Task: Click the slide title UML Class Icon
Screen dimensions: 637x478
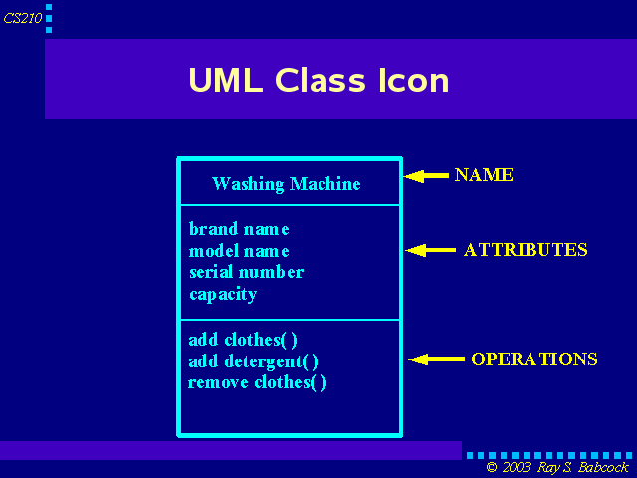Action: point(318,80)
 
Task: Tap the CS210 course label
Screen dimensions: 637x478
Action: point(23,18)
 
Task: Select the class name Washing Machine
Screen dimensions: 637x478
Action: point(287,184)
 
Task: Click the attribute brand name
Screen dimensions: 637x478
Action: point(239,229)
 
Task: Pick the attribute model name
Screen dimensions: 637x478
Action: point(239,250)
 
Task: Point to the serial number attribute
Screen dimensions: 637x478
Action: point(246,272)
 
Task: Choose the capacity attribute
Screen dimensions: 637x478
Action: point(223,295)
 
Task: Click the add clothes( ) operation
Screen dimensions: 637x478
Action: point(243,340)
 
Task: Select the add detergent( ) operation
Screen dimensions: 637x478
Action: point(253,361)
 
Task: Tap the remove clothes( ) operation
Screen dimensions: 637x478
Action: point(257,382)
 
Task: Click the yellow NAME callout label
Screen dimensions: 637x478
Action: point(484,175)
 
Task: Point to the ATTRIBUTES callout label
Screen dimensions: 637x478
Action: point(526,250)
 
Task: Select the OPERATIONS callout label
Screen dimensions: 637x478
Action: point(534,358)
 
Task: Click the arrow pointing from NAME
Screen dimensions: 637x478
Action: point(426,176)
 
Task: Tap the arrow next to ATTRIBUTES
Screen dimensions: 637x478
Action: point(431,250)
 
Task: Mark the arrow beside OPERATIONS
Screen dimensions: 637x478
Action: point(436,358)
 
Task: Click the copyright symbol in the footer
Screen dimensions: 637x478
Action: point(492,467)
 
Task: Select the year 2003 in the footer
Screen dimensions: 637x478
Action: point(517,467)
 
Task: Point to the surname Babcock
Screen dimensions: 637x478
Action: point(603,467)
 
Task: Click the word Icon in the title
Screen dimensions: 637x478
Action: point(414,80)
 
